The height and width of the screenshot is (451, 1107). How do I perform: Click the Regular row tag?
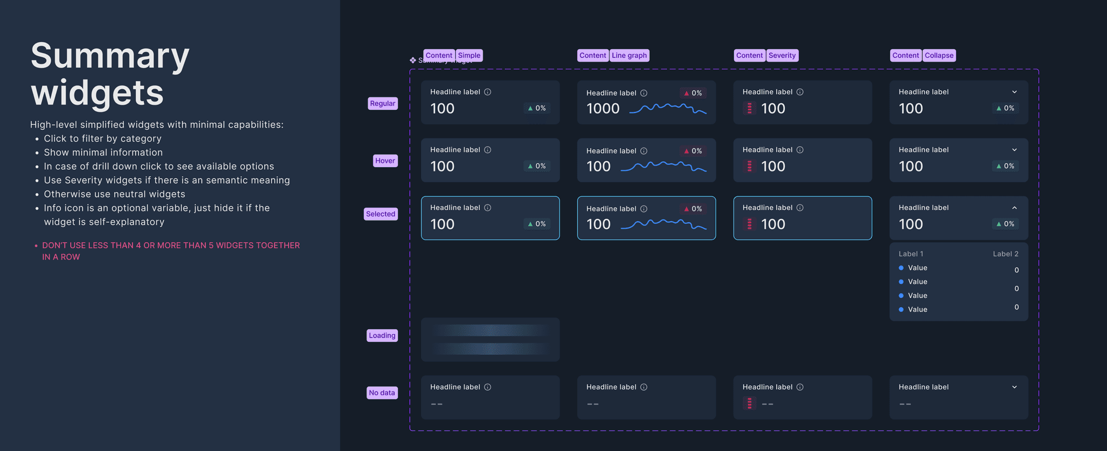click(x=383, y=103)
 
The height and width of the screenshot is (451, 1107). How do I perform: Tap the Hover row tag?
click(x=385, y=161)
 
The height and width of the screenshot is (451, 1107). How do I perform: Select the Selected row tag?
click(x=381, y=214)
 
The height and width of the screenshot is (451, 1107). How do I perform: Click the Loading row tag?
click(x=382, y=335)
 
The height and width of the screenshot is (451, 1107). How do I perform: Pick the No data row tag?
click(x=382, y=393)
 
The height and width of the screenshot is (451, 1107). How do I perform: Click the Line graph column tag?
click(x=629, y=55)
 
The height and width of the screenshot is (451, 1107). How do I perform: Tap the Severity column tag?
click(x=782, y=55)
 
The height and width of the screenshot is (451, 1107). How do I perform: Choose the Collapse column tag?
click(x=939, y=55)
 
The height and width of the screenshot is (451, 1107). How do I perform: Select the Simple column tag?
click(x=469, y=55)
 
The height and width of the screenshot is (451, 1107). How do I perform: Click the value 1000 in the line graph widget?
click(x=603, y=109)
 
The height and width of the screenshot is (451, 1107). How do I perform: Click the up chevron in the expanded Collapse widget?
click(x=1014, y=208)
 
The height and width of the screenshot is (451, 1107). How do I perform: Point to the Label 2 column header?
click(x=1005, y=254)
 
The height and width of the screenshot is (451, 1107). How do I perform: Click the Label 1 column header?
click(x=911, y=254)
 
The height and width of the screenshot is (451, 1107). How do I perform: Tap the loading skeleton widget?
click(x=490, y=340)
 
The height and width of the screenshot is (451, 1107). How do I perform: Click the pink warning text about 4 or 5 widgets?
click(x=171, y=251)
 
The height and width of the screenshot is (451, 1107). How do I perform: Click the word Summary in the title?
click(x=110, y=56)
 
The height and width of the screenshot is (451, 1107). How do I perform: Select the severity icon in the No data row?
click(x=749, y=403)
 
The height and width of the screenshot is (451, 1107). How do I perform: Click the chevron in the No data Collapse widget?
click(x=1014, y=387)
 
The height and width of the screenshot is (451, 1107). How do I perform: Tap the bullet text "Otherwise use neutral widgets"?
click(x=114, y=194)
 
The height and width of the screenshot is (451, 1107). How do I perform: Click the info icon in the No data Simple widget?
click(x=488, y=387)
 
